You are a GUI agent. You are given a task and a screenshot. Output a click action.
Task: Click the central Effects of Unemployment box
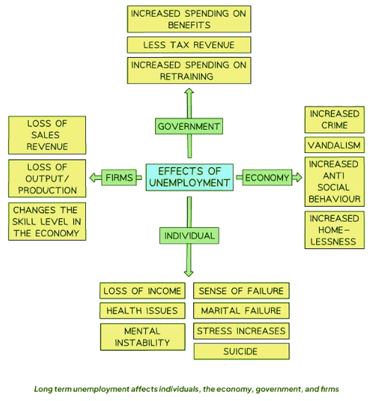pos(189,177)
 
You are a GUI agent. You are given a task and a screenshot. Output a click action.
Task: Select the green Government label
pos(189,127)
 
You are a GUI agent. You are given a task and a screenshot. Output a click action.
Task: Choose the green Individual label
pos(189,235)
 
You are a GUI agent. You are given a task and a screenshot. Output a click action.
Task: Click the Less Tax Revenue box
pos(189,45)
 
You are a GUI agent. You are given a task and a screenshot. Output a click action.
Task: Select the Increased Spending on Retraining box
pos(189,71)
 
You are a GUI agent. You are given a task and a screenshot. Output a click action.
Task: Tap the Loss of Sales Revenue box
pos(47,135)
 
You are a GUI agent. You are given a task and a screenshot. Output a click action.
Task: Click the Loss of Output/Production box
pos(47,178)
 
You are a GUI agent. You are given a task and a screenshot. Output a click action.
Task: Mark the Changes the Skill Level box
pos(47,221)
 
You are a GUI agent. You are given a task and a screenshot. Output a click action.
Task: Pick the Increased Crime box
pos(334,119)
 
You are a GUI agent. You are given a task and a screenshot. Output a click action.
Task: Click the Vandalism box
pos(334,145)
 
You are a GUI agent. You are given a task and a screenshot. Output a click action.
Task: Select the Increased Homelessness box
pos(334,230)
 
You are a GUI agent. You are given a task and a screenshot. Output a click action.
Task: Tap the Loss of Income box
pos(142,291)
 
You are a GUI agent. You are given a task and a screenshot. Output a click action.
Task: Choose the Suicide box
pos(241,351)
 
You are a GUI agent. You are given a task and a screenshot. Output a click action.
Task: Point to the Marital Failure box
pos(241,311)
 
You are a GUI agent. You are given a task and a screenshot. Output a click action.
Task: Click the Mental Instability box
pos(142,337)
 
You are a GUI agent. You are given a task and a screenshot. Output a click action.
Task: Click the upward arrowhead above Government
pos(189,92)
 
